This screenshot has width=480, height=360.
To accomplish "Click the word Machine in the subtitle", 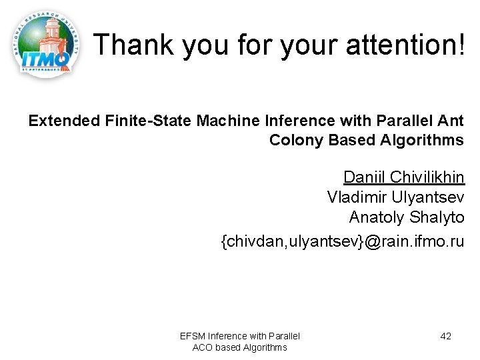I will point(222,121).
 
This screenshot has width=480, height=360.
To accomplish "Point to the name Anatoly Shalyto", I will point(406,217).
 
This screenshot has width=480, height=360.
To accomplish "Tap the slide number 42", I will point(445,336).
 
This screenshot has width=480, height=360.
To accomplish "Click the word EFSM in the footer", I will point(193,336).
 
